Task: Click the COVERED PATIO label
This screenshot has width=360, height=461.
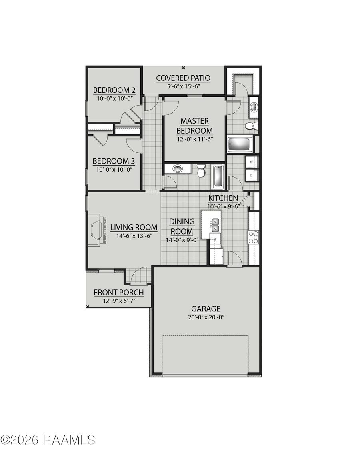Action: pyautogui.click(x=183, y=78)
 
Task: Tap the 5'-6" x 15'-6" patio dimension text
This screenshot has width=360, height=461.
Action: pyautogui.click(x=183, y=86)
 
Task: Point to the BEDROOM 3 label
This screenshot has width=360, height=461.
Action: pyautogui.click(x=114, y=161)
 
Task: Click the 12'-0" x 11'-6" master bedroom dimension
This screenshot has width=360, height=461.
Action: pyautogui.click(x=194, y=139)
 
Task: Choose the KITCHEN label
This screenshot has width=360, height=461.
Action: pyautogui.click(x=223, y=198)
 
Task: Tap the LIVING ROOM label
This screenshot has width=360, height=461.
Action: pyautogui.click(x=134, y=227)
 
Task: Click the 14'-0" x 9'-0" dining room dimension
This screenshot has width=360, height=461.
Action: pyautogui.click(x=182, y=240)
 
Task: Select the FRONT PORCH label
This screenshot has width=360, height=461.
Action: pyautogui.click(x=118, y=293)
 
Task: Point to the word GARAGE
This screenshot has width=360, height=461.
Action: pyautogui.click(x=206, y=309)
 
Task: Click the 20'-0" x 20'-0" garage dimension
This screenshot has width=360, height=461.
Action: pyautogui.click(x=206, y=317)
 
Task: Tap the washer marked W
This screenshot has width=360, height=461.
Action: pyautogui.click(x=252, y=162)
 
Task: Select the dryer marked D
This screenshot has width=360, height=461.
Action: pyautogui.click(x=252, y=175)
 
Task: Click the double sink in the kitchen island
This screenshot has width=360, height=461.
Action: pyautogui.click(x=215, y=225)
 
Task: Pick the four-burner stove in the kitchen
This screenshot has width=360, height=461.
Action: pyautogui.click(x=254, y=237)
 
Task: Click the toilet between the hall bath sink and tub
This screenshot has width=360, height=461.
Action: pyautogui.click(x=201, y=172)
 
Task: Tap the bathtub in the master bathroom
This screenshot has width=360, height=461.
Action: pyautogui.click(x=240, y=144)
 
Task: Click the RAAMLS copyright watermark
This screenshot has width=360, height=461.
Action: pyautogui.click(x=48, y=440)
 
